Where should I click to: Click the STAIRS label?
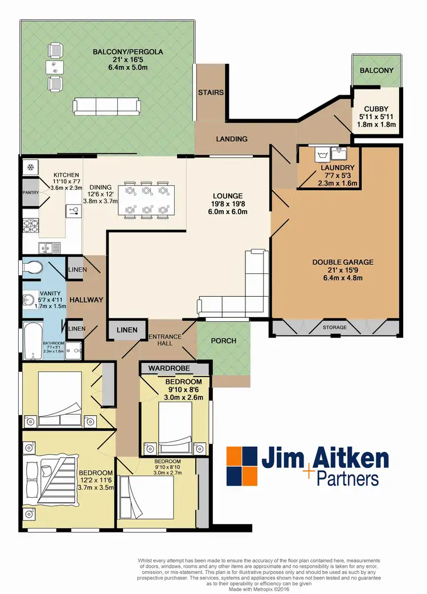pos(211,92)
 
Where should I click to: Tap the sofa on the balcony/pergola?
pos(106,105)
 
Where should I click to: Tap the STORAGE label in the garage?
pos(334,327)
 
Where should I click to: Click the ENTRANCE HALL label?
pos(165,340)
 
